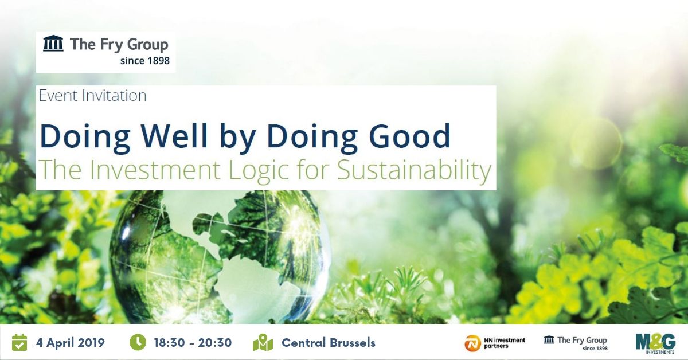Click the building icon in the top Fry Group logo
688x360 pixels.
(x=53, y=44)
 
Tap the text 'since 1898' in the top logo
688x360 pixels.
(x=145, y=60)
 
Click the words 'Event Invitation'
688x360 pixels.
(x=92, y=95)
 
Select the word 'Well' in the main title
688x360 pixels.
(x=177, y=136)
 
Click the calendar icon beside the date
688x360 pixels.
(x=19, y=342)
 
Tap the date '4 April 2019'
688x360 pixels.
(x=70, y=343)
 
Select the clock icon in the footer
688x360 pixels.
(x=138, y=342)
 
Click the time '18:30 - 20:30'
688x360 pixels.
(x=193, y=343)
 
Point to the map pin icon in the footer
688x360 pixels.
(x=263, y=343)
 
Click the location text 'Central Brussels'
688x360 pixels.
(x=328, y=343)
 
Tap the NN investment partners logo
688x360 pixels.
(x=494, y=343)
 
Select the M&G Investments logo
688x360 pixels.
(x=655, y=342)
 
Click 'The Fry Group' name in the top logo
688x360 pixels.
(x=119, y=44)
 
